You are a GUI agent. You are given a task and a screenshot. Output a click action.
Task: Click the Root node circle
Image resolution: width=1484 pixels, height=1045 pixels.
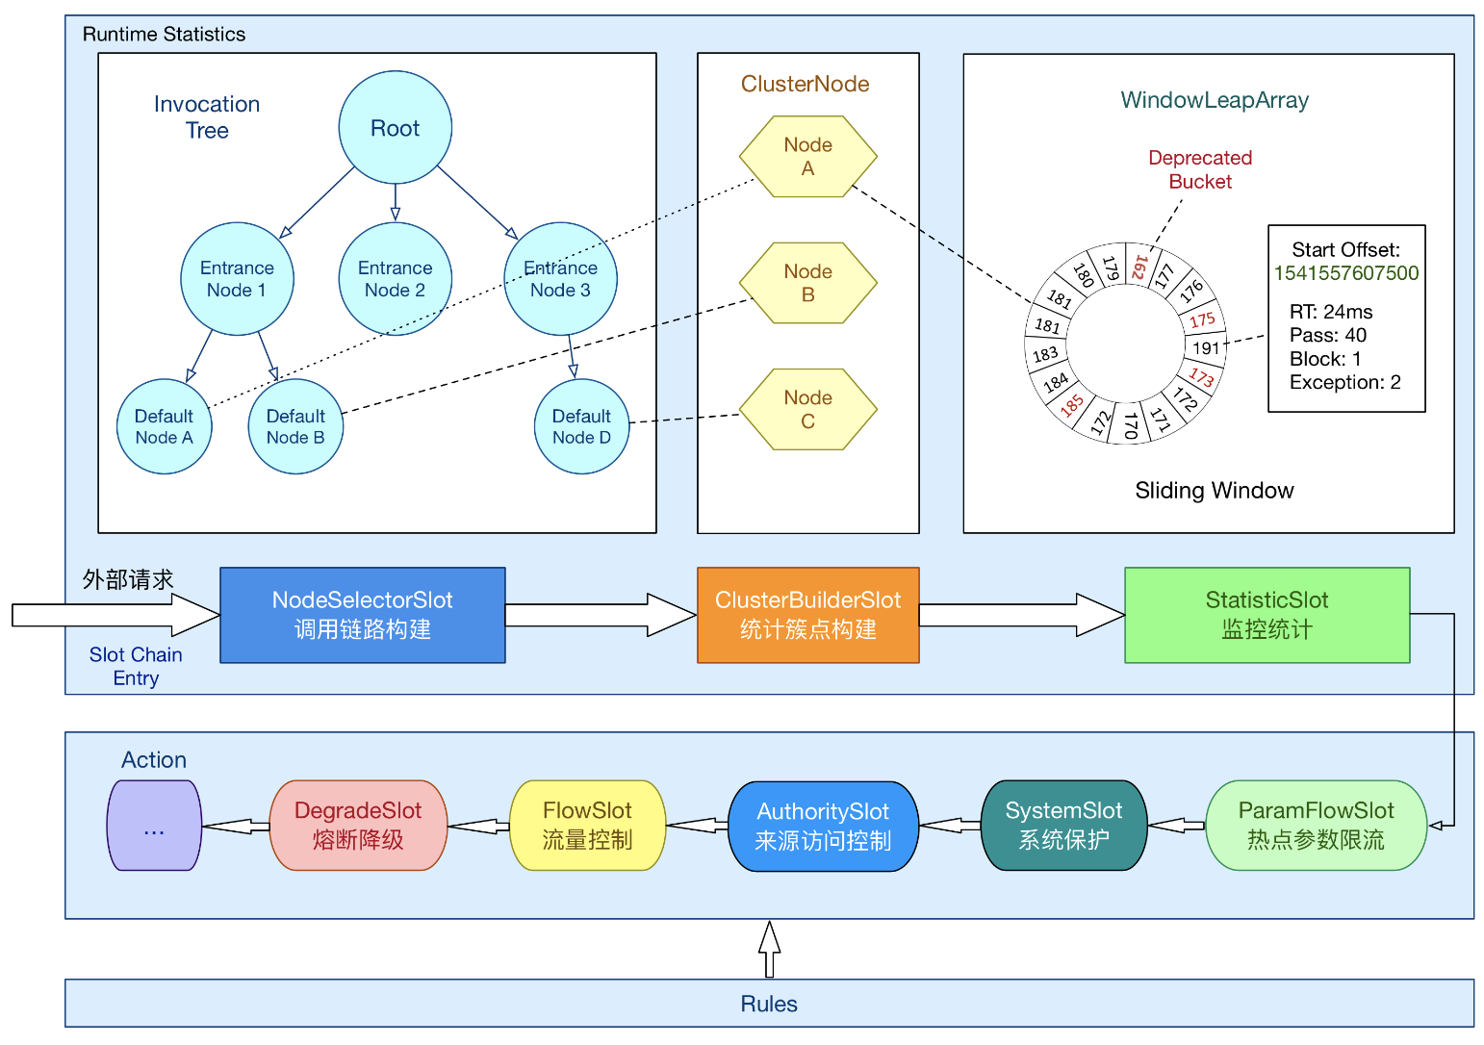(x=395, y=127)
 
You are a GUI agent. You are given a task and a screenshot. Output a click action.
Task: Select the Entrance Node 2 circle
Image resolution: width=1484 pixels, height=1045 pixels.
(x=395, y=279)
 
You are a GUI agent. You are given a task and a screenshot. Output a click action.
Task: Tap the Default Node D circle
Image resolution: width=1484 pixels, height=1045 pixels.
(x=581, y=426)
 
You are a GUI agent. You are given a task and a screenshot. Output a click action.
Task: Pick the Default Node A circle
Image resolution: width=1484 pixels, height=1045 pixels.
(x=164, y=426)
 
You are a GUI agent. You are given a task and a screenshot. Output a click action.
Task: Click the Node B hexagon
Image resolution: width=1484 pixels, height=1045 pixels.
(x=807, y=283)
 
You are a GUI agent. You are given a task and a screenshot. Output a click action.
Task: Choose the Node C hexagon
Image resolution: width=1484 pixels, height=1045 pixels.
(x=807, y=409)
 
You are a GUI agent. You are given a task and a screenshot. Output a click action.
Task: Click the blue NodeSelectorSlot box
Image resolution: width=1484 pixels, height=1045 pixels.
(x=362, y=615)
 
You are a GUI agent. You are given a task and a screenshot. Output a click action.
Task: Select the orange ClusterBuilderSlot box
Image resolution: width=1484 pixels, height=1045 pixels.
(x=807, y=615)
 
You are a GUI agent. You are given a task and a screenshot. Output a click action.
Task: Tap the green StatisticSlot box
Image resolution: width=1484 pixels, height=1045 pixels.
(x=1267, y=615)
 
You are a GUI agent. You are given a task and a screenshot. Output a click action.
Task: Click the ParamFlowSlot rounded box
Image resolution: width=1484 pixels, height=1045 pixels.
(x=1316, y=826)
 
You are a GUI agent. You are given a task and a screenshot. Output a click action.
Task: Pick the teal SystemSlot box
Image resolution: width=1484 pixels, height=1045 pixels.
(x=1063, y=826)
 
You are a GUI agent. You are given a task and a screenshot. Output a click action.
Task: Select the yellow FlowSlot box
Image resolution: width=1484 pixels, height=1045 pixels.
(x=587, y=826)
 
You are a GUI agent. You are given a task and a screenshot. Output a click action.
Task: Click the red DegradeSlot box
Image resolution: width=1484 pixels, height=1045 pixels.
(x=358, y=826)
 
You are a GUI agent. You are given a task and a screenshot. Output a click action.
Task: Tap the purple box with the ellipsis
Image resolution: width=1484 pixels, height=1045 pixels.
(x=154, y=826)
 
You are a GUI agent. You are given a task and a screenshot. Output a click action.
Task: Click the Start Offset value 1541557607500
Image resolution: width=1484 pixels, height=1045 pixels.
(x=1345, y=273)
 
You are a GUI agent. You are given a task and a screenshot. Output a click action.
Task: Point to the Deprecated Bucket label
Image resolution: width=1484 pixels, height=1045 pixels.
(x=1200, y=169)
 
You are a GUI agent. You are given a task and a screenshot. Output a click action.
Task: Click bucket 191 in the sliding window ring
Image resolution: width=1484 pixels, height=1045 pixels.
(x=1205, y=347)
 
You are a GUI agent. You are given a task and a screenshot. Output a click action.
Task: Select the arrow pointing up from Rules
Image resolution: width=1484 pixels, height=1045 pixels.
(x=769, y=949)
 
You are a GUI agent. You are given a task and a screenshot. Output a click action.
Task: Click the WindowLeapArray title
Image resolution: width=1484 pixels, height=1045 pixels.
(x=1215, y=100)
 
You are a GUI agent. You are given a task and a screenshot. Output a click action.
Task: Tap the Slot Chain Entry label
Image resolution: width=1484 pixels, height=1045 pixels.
(x=136, y=666)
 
